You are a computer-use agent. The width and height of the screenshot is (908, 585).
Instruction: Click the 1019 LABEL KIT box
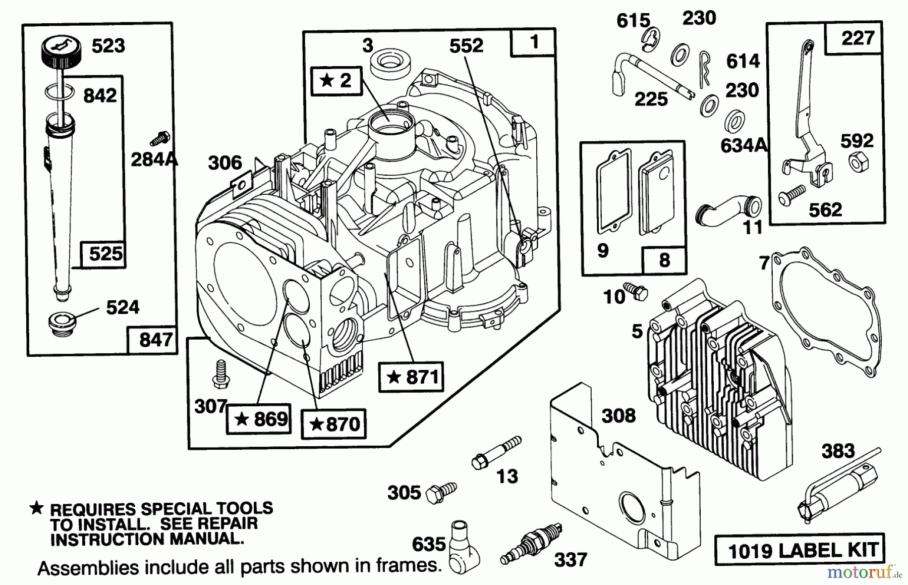point(800,549)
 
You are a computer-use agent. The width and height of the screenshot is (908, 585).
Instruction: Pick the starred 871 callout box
point(411,377)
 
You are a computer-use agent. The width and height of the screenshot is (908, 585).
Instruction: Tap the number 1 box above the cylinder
point(533,42)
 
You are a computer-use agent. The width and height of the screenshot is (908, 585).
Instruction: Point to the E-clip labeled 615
point(653,39)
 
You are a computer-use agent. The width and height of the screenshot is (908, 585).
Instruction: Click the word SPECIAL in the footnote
point(178,508)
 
